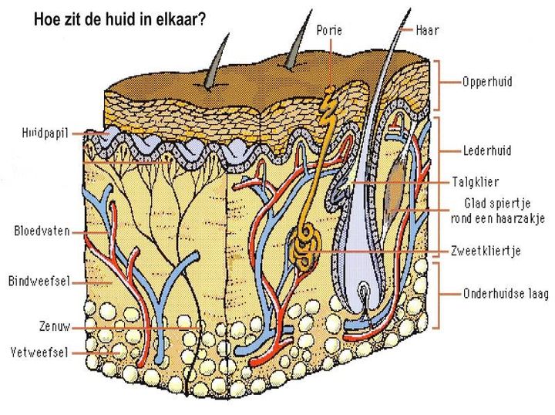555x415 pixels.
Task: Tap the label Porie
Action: [329, 30]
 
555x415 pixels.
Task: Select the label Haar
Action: [428, 30]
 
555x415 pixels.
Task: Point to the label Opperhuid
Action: [486, 80]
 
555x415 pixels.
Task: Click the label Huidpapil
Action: [44, 133]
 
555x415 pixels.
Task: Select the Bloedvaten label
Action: [42, 230]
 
